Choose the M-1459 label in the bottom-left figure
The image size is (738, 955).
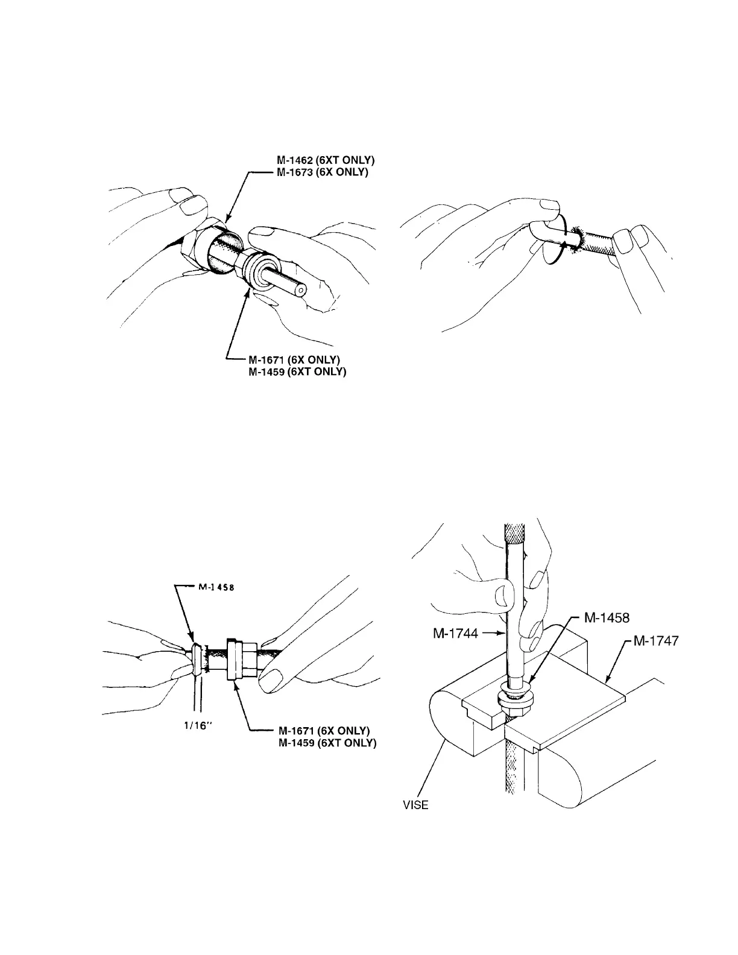point(327,743)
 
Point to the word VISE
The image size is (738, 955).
point(415,805)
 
